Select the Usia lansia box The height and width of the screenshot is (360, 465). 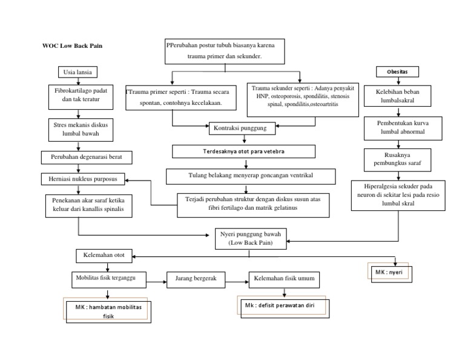(x=77, y=72)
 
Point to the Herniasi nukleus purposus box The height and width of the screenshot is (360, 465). (x=84, y=179)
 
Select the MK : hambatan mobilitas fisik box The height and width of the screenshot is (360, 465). (x=108, y=312)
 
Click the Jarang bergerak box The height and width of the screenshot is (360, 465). (x=196, y=279)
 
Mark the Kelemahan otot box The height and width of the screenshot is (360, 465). (x=104, y=256)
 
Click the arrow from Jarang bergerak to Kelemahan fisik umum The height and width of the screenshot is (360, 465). (x=238, y=279)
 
